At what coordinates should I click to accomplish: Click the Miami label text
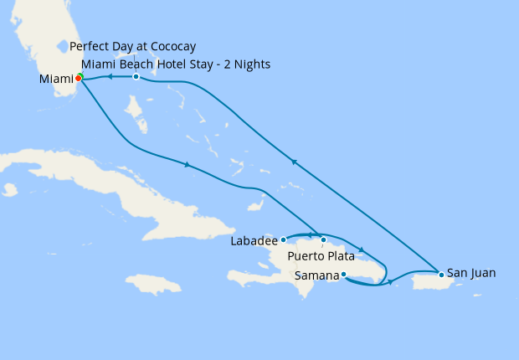pos(56,80)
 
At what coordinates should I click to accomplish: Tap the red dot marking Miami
pos(78,78)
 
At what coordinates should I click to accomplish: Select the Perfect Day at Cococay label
pos(133,46)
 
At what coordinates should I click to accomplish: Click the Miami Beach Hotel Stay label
pos(175,64)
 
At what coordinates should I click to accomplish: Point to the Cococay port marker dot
pos(136,77)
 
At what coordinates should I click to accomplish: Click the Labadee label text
pos(254,241)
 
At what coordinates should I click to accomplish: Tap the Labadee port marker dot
pos(284,240)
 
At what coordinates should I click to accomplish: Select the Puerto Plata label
pos(321,255)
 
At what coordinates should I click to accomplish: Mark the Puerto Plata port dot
pos(324,240)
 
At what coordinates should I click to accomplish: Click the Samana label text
pos(317,275)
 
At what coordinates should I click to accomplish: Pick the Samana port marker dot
pos(343,274)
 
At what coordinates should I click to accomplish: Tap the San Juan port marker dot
pos(441,274)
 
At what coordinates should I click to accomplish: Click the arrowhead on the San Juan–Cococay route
pos(293,162)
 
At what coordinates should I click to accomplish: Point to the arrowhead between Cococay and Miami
pos(109,77)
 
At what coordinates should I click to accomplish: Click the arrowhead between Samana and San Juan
pos(391,282)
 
